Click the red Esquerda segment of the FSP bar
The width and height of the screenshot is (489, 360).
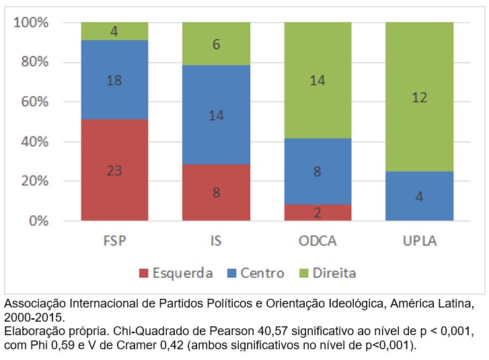114,170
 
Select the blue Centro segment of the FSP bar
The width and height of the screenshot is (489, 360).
114,80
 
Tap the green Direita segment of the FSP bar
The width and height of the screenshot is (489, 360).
114,31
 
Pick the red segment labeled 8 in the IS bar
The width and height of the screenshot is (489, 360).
216,192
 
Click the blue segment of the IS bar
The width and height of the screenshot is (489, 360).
216,114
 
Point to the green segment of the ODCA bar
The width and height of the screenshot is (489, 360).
317,80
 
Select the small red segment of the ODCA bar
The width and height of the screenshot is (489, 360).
317,213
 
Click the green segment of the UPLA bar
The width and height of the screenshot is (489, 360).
419,97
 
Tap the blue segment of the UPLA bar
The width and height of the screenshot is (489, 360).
419,196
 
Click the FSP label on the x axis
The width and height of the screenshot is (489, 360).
114,241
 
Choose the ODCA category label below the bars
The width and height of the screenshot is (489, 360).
317,241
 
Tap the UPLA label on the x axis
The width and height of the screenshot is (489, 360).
419,241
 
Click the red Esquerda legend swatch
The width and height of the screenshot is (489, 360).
144,273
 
